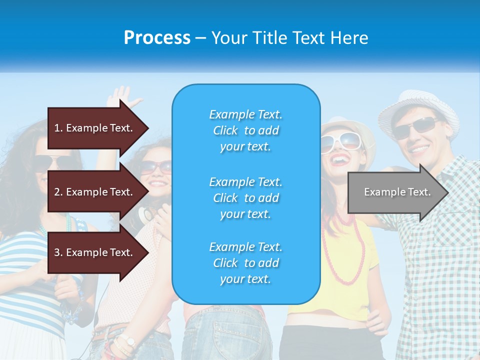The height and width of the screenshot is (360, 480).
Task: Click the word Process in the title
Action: coord(157,38)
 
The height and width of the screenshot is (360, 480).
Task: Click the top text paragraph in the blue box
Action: coord(245,130)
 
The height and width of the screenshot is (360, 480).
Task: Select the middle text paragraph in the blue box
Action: coord(245,198)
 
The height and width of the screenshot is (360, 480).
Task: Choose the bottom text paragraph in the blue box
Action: coord(245,263)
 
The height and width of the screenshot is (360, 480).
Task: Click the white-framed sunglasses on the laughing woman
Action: coord(340,142)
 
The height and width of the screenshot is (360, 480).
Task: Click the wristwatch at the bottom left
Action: coord(129,341)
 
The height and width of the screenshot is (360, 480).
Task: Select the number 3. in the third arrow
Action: coord(58,252)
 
